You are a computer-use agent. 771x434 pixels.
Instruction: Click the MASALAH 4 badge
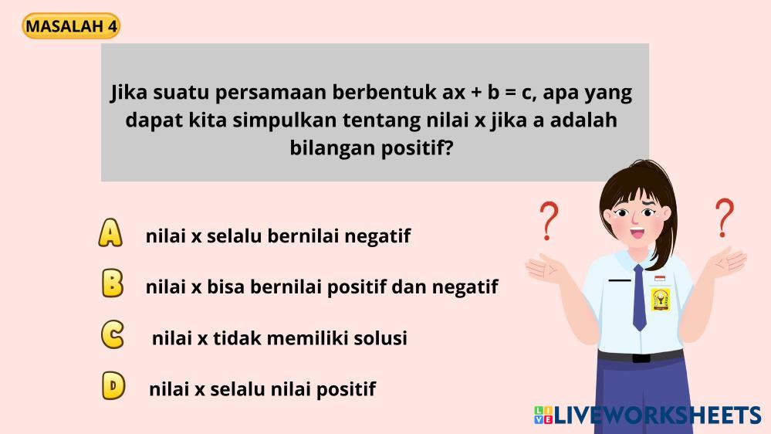click(71, 26)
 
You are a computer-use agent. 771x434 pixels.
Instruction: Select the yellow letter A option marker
click(110, 232)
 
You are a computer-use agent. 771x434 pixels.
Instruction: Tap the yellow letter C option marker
click(113, 334)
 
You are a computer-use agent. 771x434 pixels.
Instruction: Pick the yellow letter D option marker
click(113, 385)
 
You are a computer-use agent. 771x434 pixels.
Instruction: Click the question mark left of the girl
click(549, 221)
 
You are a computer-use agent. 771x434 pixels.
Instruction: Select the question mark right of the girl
click(724, 218)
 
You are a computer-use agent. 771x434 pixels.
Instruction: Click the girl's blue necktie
click(639, 297)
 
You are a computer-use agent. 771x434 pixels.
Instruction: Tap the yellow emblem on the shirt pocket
click(661, 300)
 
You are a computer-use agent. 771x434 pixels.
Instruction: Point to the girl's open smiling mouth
click(637, 232)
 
